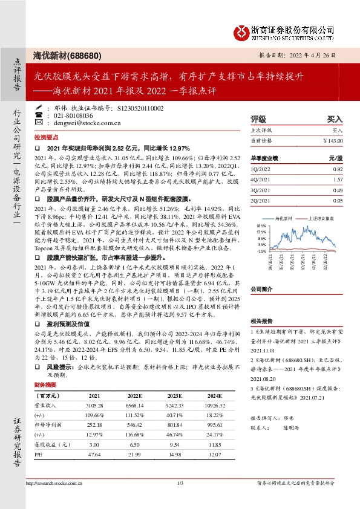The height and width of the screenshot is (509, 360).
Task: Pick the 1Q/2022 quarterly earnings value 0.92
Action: tap(339, 170)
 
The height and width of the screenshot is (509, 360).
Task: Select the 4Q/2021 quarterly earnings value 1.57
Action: tap(339, 180)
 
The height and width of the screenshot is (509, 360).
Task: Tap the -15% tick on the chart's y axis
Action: tap(261, 250)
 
